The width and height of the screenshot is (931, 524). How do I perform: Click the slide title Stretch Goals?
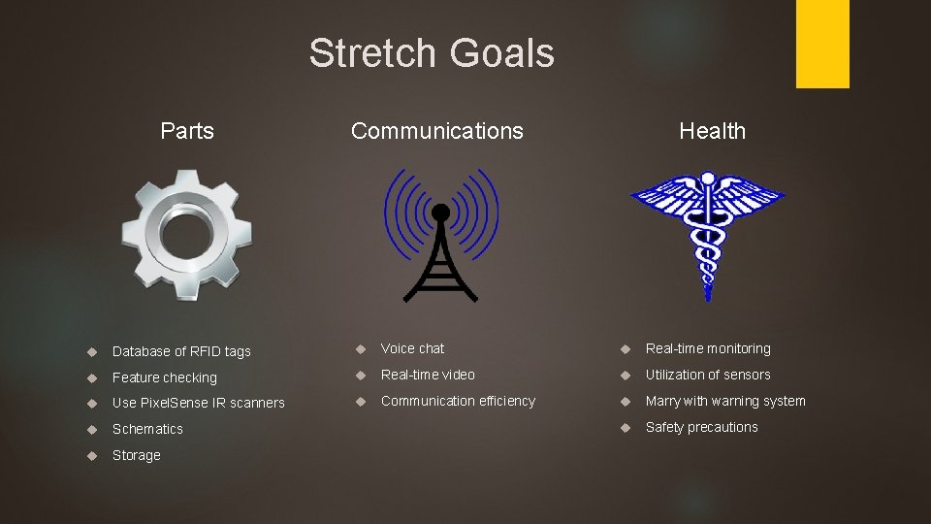pyautogui.click(x=432, y=52)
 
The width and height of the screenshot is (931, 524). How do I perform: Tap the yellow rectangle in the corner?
pyautogui.click(x=822, y=43)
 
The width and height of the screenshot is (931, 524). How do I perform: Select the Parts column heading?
pyautogui.click(x=187, y=131)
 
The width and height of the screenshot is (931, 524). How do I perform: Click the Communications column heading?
pyautogui.click(x=436, y=131)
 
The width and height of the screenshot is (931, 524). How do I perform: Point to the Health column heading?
pyautogui.click(x=712, y=131)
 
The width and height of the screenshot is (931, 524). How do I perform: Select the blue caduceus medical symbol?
pyautogui.click(x=708, y=233)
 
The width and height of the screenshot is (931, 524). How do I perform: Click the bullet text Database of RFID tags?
pyautogui.click(x=181, y=351)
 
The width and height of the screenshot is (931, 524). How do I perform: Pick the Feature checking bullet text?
pyautogui.click(x=164, y=377)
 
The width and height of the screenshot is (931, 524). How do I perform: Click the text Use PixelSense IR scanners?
pyautogui.click(x=198, y=403)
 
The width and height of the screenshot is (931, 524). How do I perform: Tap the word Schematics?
pyautogui.click(x=147, y=429)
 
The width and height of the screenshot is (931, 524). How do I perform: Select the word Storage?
pyautogui.click(x=136, y=455)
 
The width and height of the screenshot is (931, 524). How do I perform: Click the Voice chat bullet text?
pyautogui.click(x=412, y=348)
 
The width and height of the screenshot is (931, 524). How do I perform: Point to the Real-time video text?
pyautogui.click(x=428, y=375)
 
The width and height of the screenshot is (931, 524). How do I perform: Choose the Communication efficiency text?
pyautogui.click(x=458, y=401)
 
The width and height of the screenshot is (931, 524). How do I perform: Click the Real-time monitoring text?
pyautogui.click(x=708, y=348)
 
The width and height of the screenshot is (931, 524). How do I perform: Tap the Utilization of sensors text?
pyautogui.click(x=708, y=375)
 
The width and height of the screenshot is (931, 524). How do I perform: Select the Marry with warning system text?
pyautogui.click(x=725, y=401)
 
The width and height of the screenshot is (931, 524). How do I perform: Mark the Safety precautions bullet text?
pyautogui.click(x=701, y=427)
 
